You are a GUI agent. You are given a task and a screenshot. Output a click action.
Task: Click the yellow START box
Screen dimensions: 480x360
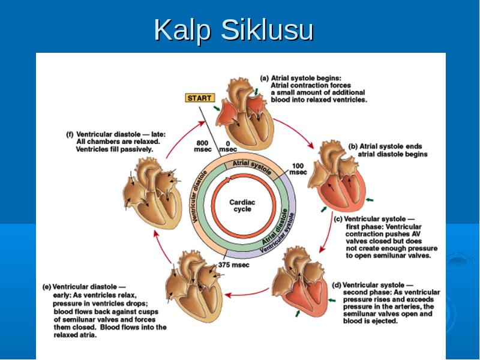pos(200,98)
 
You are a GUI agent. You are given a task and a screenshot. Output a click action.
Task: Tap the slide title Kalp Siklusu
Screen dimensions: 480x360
pos(233,29)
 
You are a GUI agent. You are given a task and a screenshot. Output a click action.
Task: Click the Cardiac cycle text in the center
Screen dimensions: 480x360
pos(242,206)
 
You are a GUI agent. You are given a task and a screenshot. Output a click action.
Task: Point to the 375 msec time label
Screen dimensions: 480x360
pos(233,265)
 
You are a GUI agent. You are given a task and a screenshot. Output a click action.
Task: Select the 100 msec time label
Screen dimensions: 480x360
pos(298,169)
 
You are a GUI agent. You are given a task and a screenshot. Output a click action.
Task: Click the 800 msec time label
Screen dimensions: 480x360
pos(202,146)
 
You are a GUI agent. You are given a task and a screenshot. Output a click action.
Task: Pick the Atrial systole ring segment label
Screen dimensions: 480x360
pos(252,167)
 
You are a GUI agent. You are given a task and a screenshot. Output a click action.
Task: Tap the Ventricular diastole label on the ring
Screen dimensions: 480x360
pos(199,197)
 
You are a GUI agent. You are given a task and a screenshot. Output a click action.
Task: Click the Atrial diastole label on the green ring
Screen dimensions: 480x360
pos(275,227)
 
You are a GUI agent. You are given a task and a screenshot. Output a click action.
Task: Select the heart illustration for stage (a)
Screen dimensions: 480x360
pos(245,114)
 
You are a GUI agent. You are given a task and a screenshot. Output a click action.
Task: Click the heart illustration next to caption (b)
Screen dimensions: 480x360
pos(338,176)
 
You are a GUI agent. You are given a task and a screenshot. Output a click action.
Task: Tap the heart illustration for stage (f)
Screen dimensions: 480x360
pos(152,193)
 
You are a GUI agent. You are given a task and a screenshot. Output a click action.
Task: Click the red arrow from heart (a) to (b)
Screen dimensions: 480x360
pos(294,131)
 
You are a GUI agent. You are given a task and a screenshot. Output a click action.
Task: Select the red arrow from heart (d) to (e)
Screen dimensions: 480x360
pos(247,293)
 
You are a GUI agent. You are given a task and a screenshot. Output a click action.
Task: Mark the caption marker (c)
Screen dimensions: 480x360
pos(338,219)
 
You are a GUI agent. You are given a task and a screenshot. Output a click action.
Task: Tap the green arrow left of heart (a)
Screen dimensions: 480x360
pos(217,109)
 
